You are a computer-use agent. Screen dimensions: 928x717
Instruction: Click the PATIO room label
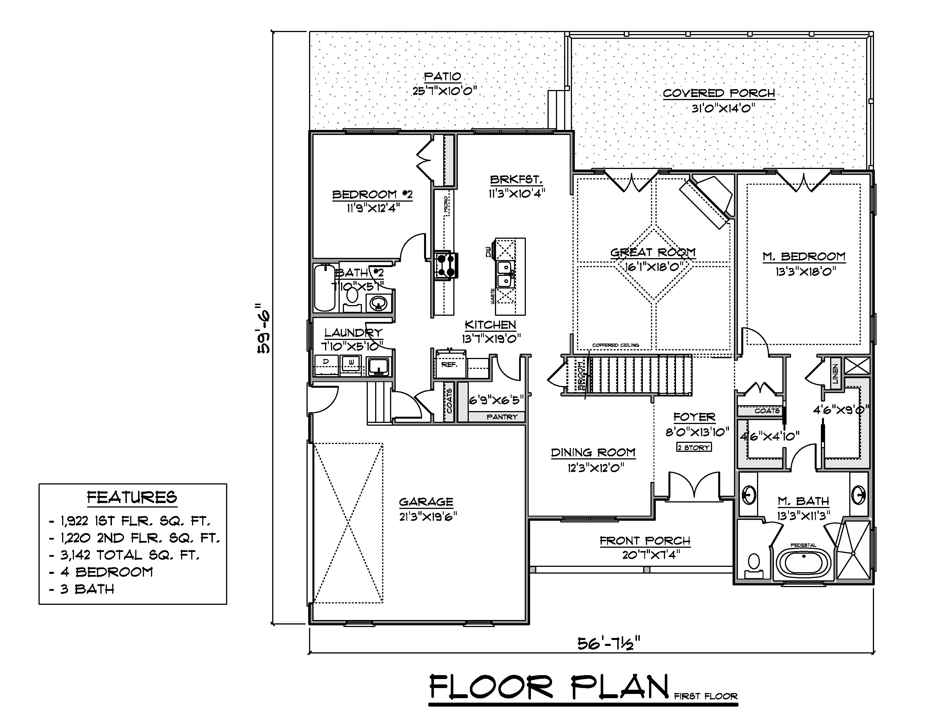443,76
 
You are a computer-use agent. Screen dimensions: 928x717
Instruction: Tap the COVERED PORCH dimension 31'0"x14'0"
723,108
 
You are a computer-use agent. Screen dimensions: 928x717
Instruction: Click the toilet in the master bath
754,565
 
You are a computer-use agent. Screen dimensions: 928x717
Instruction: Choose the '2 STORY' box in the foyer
693,447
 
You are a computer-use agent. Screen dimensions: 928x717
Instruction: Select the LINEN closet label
835,374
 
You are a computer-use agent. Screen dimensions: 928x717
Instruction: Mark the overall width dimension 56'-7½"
609,644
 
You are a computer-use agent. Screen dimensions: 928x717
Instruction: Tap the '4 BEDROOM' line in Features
106,572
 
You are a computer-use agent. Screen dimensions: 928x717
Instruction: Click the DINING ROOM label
593,453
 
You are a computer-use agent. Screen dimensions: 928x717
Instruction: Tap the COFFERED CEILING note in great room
616,345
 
